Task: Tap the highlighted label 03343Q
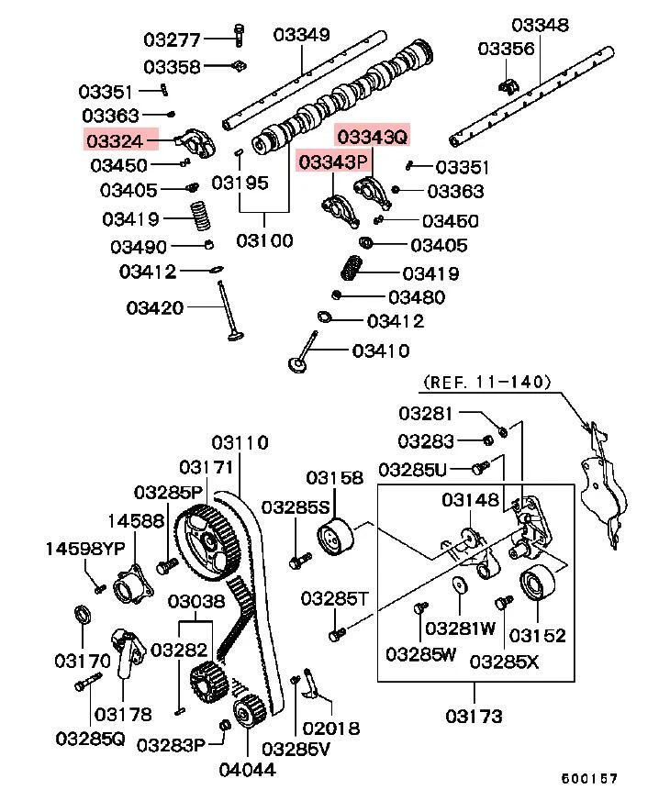372,137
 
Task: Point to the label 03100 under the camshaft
264,240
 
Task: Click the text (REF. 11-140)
486,381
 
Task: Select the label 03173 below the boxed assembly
475,714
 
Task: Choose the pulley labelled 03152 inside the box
534,584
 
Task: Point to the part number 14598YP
85,549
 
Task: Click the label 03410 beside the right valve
381,350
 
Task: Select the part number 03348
540,24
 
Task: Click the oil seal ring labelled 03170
83,614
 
